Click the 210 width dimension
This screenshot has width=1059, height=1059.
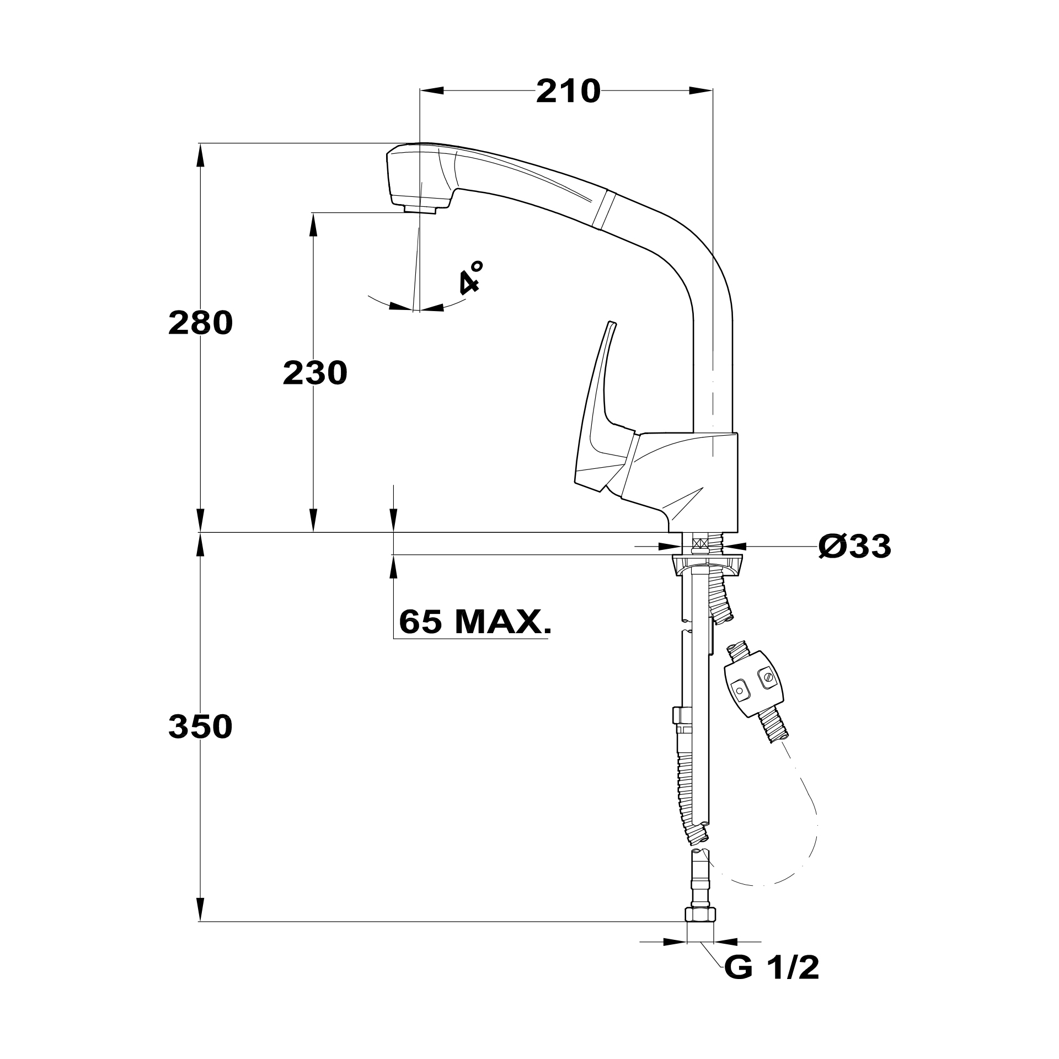point(568,92)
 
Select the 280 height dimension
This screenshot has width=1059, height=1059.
point(200,323)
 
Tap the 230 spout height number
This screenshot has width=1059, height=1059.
point(315,373)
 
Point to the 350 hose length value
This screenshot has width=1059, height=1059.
point(200,726)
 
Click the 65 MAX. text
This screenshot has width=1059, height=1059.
point(474,622)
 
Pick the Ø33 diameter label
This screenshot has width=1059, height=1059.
point(854,547)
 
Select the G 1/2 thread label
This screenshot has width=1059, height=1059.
point(771,968)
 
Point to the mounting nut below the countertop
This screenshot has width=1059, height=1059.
point(708,565)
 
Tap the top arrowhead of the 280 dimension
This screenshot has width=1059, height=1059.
point(200,154)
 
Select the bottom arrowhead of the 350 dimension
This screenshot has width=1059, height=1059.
point(200,910)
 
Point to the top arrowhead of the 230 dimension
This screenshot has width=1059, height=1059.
point(313,223)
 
